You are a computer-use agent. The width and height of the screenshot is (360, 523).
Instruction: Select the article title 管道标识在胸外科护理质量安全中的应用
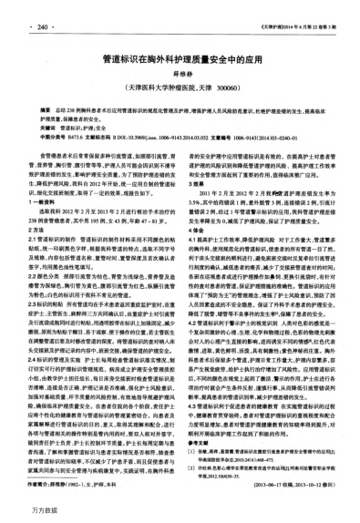(x=180, y=56)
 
